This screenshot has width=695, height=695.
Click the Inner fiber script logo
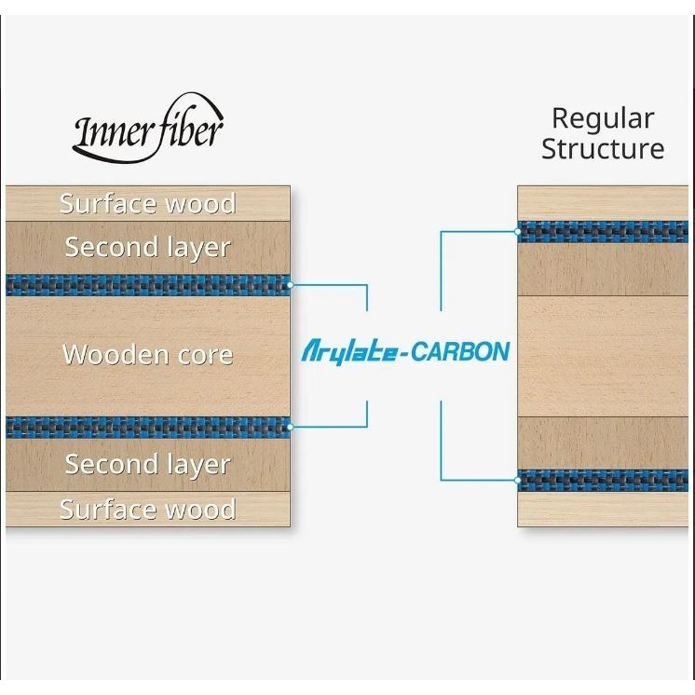coord(148,129)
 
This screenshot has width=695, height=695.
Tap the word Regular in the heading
coord(603,119)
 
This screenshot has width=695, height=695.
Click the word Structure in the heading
coord(603,148)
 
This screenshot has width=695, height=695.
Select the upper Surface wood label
coord(147,203)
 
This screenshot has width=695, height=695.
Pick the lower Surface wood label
coord(147,509)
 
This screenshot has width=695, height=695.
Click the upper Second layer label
coord(147,247)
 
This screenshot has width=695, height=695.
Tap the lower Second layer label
coord(147,465)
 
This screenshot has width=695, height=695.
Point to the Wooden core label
coord(147,355)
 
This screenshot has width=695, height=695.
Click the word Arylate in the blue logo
coord(349,352)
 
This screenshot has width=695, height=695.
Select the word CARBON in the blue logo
coord(460,351)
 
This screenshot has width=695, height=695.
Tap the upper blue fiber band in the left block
coord(148,285)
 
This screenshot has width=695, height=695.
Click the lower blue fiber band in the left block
coord(148,427)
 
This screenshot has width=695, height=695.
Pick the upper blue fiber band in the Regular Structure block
coord(603,232)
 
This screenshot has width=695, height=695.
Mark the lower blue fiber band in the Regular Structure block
coord(603,481)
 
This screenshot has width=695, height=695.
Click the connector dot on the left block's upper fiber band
coord(290,285)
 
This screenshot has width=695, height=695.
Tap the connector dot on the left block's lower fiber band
coord(290,427)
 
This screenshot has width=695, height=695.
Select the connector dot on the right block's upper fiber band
coord(518,231)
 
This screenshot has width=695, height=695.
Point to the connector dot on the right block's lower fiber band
coord(518,480)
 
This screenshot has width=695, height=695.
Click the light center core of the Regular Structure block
coord(603,356)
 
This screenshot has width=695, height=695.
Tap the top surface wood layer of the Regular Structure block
coord(603,203)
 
